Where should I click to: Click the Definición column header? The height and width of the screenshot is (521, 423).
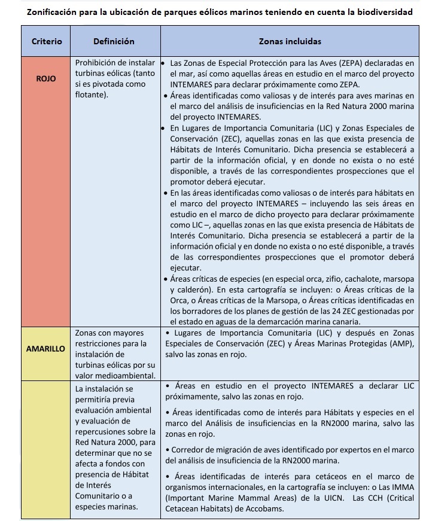114,41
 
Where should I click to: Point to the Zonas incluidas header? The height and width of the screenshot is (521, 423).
290,41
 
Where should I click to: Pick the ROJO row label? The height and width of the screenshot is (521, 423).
45,78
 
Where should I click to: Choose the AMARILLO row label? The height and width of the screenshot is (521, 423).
45,349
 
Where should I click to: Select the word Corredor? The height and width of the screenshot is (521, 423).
190,449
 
